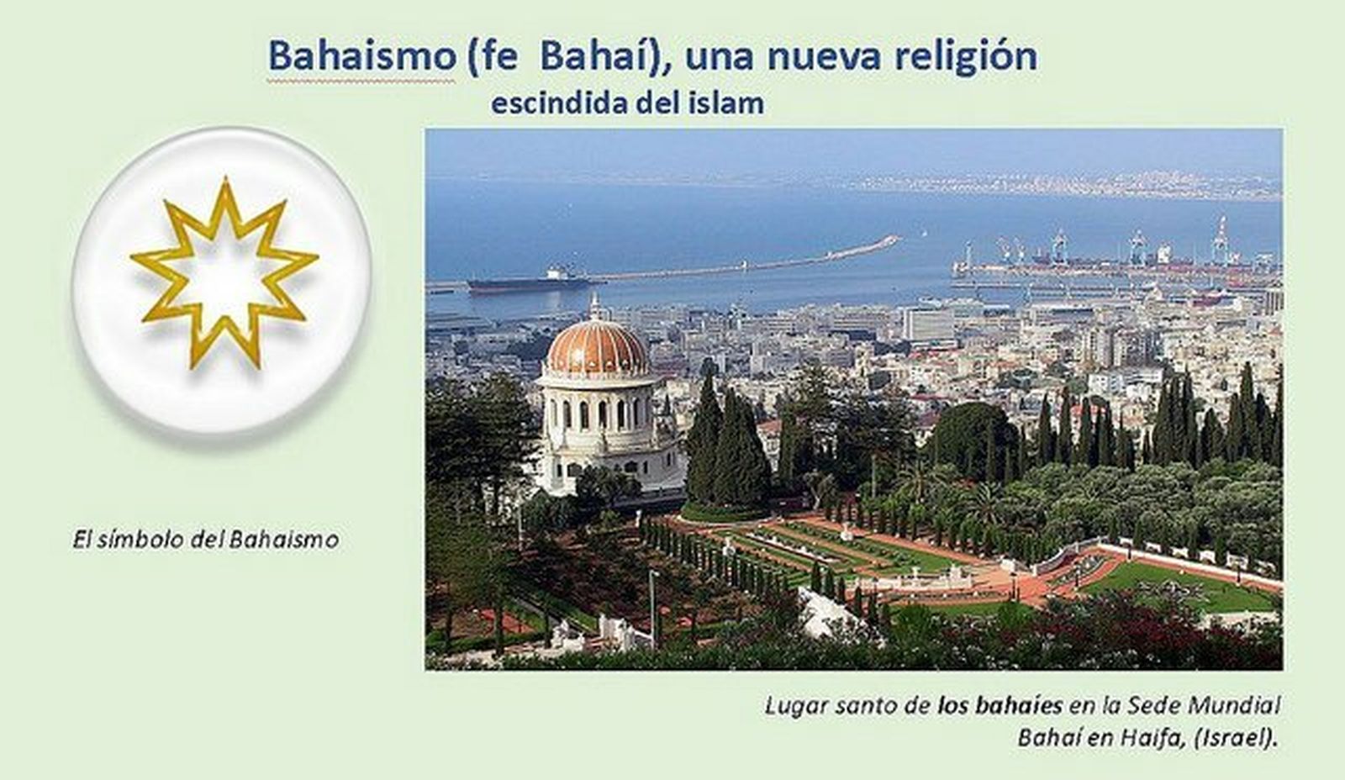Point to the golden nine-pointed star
(224, 273)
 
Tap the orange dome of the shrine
(597, 349)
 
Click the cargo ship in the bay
(530, 282)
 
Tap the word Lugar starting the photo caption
(795, 705)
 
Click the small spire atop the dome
(595, 307)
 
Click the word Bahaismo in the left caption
(284, 539)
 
